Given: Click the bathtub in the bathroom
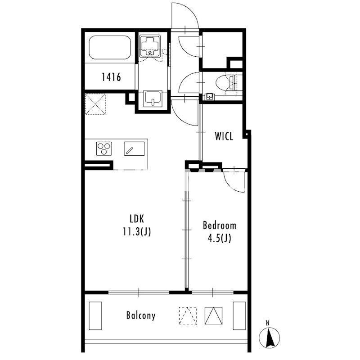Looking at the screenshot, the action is [x=110, y=48].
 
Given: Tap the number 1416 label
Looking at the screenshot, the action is [x=111, y=77].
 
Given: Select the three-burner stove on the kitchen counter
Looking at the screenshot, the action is [x=104, y=148].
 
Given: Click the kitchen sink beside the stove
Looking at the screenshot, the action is [x=134, y=148].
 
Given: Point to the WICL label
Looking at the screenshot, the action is [x=224, y=136].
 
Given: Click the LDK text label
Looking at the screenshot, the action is [x=137, y=219].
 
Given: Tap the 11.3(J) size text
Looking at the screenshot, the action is [x=137, y=232].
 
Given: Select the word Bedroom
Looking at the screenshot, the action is [x=220, y=225].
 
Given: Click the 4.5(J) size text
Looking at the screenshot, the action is [x=220, y=238].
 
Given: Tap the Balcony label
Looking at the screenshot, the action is [x=141, y=315].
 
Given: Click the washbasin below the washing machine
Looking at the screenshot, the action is [x=153, y=98].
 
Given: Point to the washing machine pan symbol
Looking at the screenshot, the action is [x=150, y=46].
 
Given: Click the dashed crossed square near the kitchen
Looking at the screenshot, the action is [x=95, y=104].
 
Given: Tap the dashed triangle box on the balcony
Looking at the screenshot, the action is [x=188, y=316].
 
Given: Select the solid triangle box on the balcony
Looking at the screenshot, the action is [x=213, y=316].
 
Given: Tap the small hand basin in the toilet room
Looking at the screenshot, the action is [x=209, y=96].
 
